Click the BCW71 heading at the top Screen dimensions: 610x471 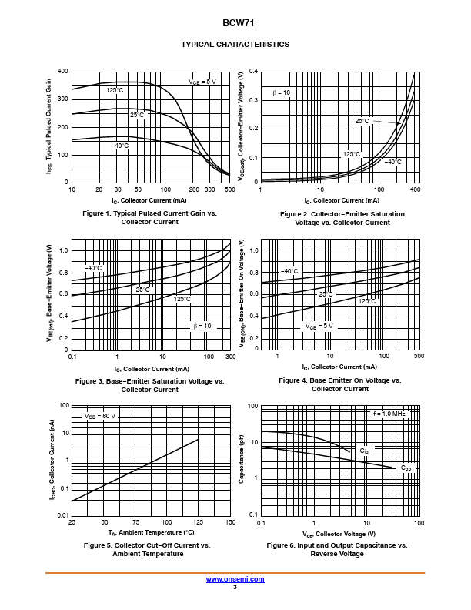point(235,23)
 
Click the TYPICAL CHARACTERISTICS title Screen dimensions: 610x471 point(235,45)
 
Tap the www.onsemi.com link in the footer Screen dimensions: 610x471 point(235,579)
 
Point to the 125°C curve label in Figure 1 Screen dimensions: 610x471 point(115,90)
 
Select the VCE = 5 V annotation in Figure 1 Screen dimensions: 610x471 point(202,82)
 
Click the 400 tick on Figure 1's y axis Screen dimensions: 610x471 point(62,72)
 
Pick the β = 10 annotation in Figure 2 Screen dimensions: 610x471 point(281,92)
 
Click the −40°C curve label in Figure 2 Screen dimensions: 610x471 point(392,162)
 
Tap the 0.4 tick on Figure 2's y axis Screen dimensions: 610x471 point(254,72)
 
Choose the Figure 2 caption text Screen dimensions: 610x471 point(342,218)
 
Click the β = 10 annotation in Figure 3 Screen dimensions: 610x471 point(202,326)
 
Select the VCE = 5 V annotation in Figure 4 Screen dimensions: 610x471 point(319,326)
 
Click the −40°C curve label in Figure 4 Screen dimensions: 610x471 point(289,271)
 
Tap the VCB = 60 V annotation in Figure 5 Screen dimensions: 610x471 point(100,416)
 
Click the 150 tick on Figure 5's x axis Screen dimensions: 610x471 point(229,523)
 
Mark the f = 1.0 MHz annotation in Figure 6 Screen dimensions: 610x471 point(389,414)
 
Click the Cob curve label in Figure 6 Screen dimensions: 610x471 point(406,468)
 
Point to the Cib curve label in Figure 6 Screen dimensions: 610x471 point(364,451)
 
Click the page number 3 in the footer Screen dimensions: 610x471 point(235,587)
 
